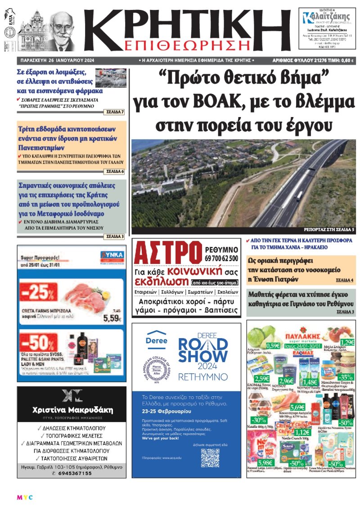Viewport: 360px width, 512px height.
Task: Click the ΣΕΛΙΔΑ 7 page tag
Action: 115,111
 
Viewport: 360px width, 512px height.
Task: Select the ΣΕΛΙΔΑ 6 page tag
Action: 115,172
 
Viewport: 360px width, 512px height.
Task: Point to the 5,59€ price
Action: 112,318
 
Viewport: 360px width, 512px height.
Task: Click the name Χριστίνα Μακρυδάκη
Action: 72,410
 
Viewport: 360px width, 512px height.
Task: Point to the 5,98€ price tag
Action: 265,462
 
